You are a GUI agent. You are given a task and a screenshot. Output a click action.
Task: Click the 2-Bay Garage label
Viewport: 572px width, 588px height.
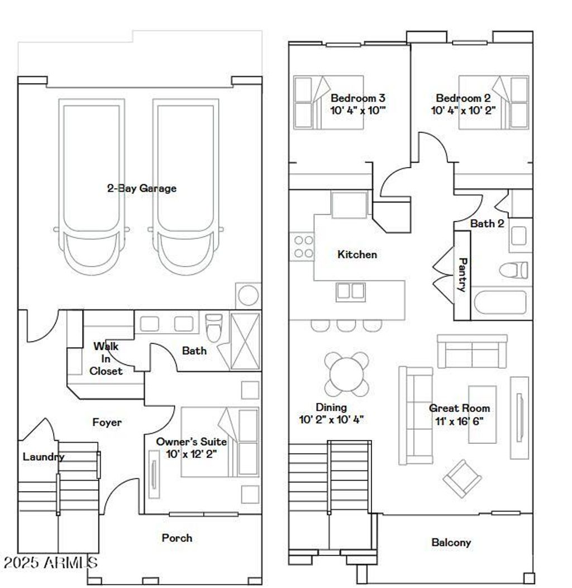pyautogui.click(x=141, y=188)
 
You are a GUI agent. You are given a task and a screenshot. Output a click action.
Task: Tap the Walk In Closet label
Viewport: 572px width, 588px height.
pyautogui.click(x=106, y=358)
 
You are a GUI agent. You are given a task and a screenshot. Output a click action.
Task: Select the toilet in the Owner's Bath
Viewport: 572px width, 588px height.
pyautogui.click(x=214, y=328)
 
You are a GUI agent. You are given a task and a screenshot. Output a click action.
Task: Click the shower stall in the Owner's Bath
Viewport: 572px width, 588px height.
pyautogui.click(x=246, y=340)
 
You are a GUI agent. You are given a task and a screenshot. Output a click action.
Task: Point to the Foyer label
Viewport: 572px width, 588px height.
pyautogui.click(x=107, y=423)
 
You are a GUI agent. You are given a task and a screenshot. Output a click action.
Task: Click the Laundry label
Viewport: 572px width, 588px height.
pyautogui.click(x=44, y=457)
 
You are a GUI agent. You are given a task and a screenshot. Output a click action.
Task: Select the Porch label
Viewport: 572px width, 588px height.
pyautogui.click(x=177, y=538)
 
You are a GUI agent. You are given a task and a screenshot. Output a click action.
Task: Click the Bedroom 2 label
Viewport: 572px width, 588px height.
pyautogui.click(x=463, y=98)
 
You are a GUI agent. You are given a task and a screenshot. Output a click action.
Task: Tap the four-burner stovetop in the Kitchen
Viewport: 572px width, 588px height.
pyautogui.click(x=303, y=246)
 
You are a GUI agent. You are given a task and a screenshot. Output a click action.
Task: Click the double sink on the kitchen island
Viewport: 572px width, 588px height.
pyautogui.click(x=350, y=291)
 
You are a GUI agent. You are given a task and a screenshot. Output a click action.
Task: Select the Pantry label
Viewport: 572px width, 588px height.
pyautogui.click(x=462, y=274)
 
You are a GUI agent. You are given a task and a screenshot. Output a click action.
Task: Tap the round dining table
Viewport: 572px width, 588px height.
pyautogui.click(x=347, y=373)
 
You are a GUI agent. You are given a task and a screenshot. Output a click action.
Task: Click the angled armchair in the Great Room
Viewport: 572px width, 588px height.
pyautogui.click(x=463, y=478)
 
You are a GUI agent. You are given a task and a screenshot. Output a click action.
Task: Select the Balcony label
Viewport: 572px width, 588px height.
pyautogui.click(x=451, y=542)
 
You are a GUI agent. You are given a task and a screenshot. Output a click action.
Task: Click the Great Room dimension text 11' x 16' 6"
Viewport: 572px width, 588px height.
pyautogui.click(x=459, y=420)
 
